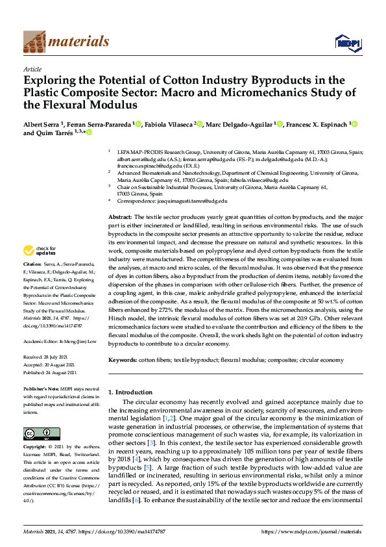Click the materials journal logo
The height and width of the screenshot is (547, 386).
(x=66, y=42)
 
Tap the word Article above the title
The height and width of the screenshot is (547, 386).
(x=32, y=69)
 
